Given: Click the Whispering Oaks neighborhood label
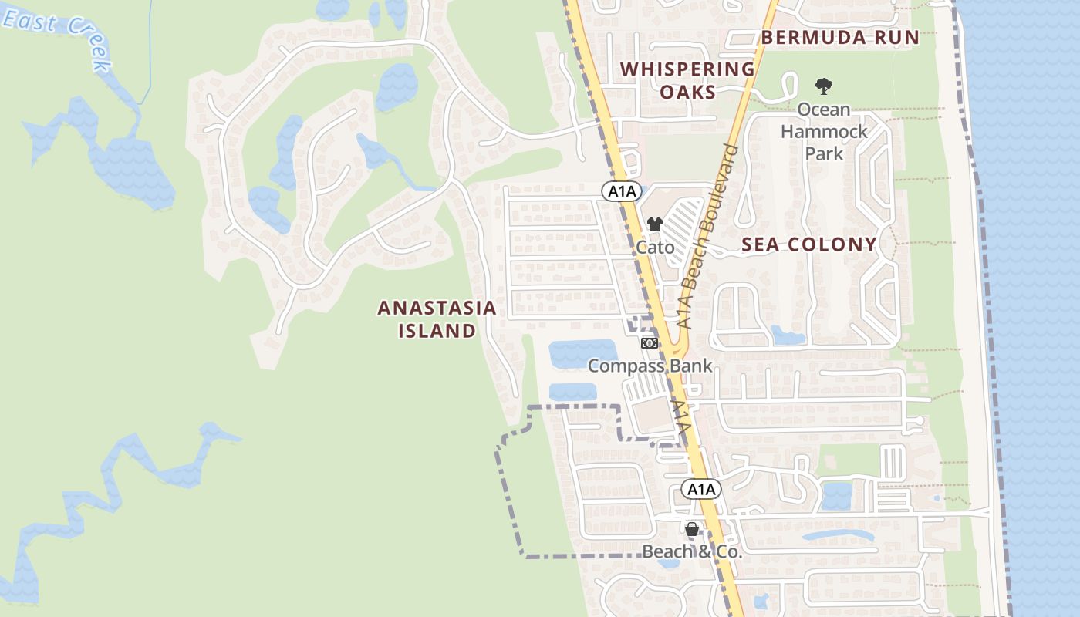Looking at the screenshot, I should coord(687,80).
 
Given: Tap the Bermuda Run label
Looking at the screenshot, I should coord(840,37).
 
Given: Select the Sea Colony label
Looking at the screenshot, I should coord(809,244).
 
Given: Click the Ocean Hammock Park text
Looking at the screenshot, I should coord(824,132).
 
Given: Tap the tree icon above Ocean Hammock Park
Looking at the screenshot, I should coord(824,86).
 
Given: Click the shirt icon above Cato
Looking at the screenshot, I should coord(655,225).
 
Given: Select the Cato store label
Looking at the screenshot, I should coord(655,248).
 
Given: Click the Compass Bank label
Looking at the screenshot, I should coord(650,366).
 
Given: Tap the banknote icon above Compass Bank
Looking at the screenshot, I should coord(650,343).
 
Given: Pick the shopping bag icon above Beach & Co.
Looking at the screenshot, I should coord(692,529).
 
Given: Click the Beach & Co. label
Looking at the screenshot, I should coord(692,551).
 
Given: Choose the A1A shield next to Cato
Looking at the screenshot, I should coord(622,191).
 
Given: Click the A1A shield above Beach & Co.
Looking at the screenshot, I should coord(701,489).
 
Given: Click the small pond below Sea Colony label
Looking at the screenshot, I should coord(788,335).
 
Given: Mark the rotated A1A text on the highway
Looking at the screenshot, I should coord(681,417).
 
